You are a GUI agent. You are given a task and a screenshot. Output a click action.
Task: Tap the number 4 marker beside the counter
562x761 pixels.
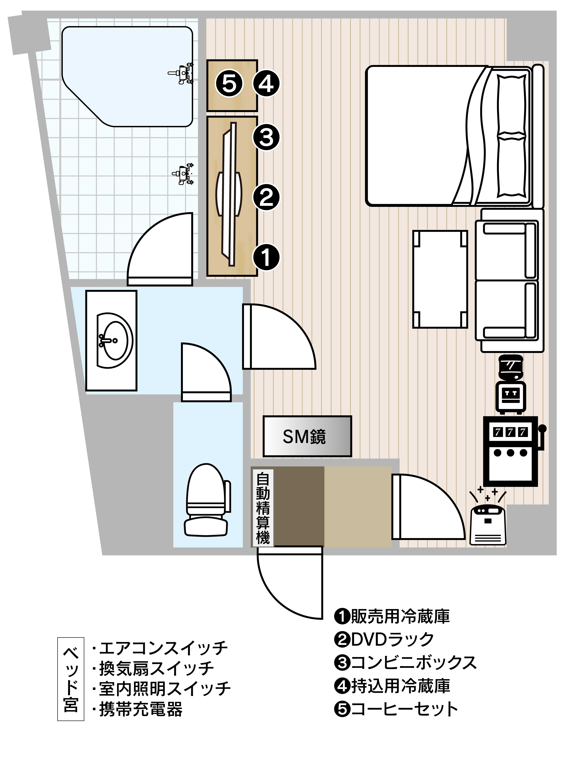(266, 84)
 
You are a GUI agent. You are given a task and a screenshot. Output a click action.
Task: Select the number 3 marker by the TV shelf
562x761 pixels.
(266, 137)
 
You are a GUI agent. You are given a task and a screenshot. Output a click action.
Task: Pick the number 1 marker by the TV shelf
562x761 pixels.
(266, 257)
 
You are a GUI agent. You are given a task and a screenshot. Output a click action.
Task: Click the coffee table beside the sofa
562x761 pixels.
(440, 279)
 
